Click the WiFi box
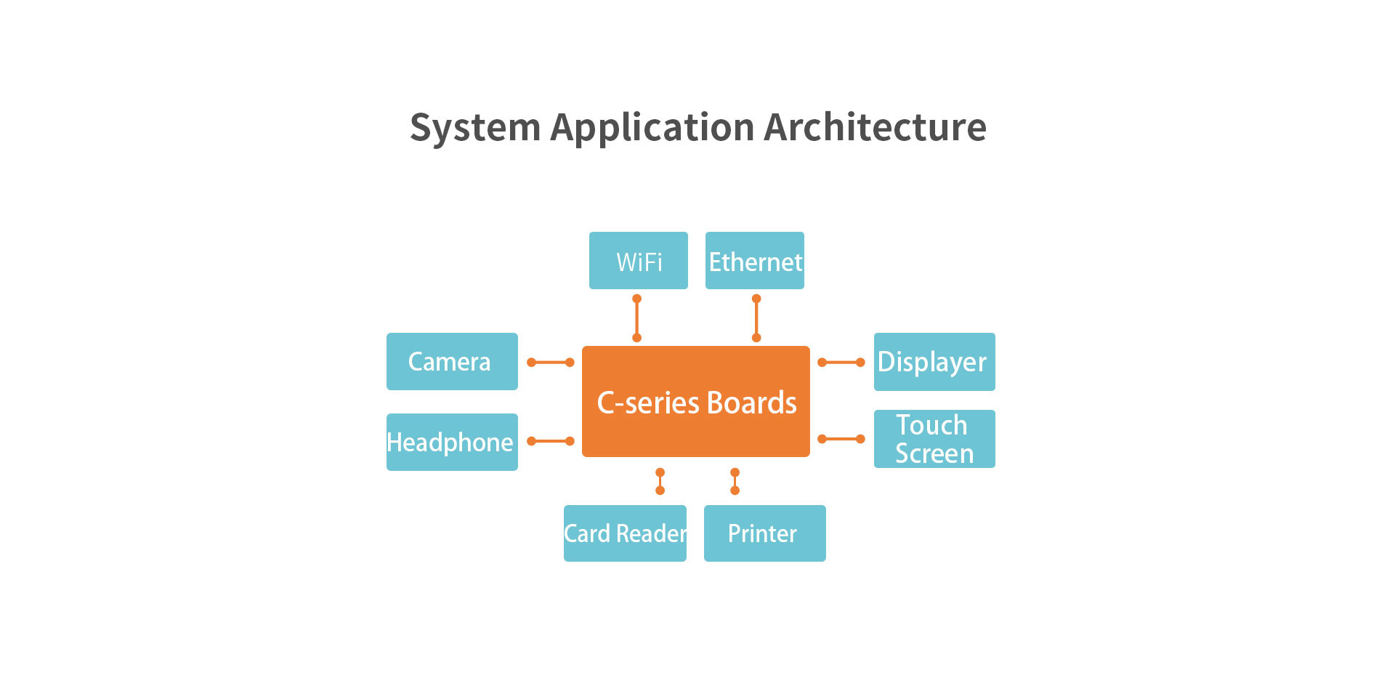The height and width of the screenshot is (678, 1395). [x=638, y=261]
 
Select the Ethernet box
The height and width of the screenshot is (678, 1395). [x=754, y=261]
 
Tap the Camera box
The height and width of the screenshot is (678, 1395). [x=451, y=362]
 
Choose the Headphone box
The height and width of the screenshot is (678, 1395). [x=451, y=442]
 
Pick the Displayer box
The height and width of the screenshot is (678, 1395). [x=934, y=362]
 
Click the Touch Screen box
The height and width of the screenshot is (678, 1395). [x=934, y=439]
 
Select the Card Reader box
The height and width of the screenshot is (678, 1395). [x=625, y=533]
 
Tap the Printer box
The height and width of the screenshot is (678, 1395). [x=764, y=533]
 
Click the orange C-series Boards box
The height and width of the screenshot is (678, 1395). [x=695, y=402]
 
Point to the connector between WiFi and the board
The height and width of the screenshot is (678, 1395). [x=636, y=318]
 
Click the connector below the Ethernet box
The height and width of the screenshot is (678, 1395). [x=756, y=318]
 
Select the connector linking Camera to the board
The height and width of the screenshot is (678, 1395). [x=550, y=362]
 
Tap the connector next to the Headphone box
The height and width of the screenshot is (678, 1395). [x=550, y=441]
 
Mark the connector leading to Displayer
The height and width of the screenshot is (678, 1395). [x=841, y=362]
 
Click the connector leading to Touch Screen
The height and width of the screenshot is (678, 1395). [x=841, y=439]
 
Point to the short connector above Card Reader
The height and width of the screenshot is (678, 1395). [x=660, y=481]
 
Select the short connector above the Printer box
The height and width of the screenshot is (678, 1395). [x=735, y=481]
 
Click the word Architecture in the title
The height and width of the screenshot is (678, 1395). [x=875, y=127]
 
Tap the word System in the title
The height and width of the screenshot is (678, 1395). [x=475, y=129]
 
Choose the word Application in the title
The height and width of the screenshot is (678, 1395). [x=652, y=129]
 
